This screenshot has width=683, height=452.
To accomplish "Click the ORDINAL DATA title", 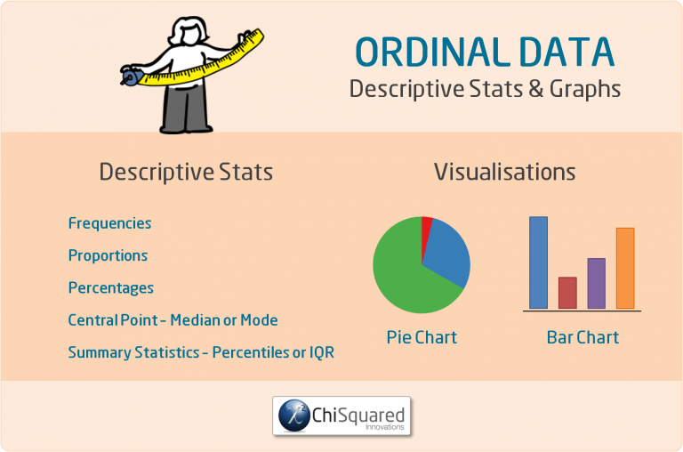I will (x=485, y=52).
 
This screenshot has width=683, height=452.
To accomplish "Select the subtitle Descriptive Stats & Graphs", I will (x=485, y=89).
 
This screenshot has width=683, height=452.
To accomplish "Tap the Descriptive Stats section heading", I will (x=186, y=172).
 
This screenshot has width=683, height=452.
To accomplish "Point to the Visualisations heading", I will (x=504, y=172).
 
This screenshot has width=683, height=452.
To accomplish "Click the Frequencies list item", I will (x=109, y=223).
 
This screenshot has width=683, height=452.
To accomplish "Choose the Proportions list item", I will (x=108, y=255).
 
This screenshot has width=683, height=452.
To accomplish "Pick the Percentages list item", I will (x=110, y=287).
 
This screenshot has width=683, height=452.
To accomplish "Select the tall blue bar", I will (x=538, y=262).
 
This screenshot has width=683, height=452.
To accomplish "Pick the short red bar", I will (x=567, y=293).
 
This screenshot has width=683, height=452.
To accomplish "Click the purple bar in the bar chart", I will (x=596, y=283).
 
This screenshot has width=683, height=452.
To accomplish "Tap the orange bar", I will (x=625, y=268).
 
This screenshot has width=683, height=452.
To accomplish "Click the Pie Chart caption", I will (x=422, y=338).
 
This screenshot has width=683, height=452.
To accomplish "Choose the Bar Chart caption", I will (x=583, y=338).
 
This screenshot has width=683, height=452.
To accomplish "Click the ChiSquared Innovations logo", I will (x=341, y=416).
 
